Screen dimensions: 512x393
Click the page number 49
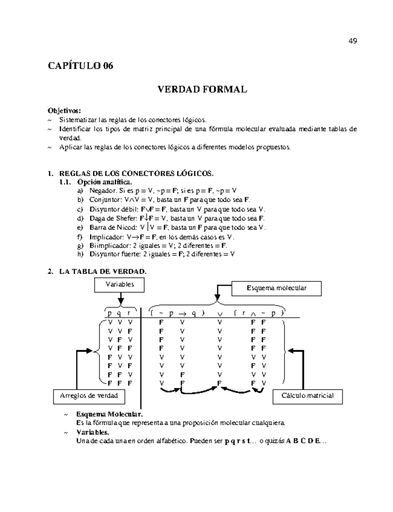click(x=352, y=41)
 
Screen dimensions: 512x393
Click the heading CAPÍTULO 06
click(x=81, y=66)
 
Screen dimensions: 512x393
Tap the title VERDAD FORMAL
click(x=202, y=89)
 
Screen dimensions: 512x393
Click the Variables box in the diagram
click(x=120, y=284)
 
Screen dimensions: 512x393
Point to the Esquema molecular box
click(x=276, y=288)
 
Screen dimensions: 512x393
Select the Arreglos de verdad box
click(x=89, y=396)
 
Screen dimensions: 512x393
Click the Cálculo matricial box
click(x=307, y=396)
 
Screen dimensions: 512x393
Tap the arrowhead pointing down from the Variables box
click(x=121, y=301)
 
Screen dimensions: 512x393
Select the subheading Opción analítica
click(x=104, y=182)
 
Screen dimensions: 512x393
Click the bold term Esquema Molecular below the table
click(x=109, y=415)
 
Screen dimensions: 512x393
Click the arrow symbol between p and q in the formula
click(x=182, y=313)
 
